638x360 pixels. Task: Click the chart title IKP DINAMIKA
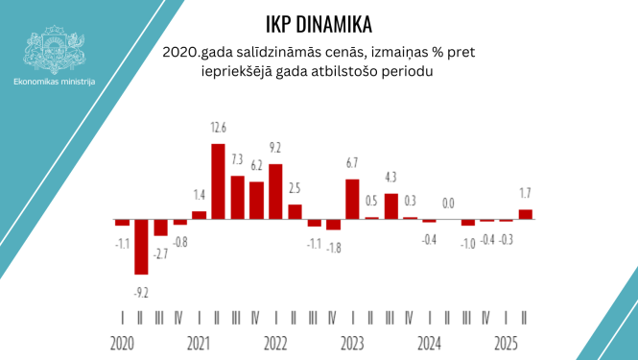point(319,23)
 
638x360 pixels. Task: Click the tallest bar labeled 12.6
point(218,180)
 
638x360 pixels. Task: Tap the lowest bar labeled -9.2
point(141,246)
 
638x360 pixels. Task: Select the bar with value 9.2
point(275,191)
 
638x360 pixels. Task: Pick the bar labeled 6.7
point(352,199)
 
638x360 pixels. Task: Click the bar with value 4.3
point(390,205)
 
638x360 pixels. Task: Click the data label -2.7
point(160,253)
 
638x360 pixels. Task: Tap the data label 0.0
point(448,203)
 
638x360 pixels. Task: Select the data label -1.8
point(333,248)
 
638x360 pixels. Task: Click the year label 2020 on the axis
point(122,343)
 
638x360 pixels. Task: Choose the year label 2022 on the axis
point(275,343)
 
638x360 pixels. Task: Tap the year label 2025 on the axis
point(506,343)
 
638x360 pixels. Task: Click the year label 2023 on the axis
point(352,343)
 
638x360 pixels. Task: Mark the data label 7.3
point(237,158)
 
